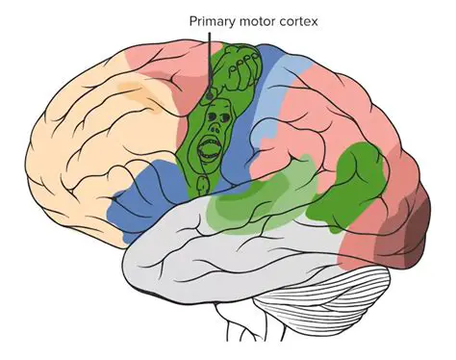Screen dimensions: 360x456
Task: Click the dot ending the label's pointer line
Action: click(210, 96)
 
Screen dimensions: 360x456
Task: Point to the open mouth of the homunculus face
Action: click(208, 149)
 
